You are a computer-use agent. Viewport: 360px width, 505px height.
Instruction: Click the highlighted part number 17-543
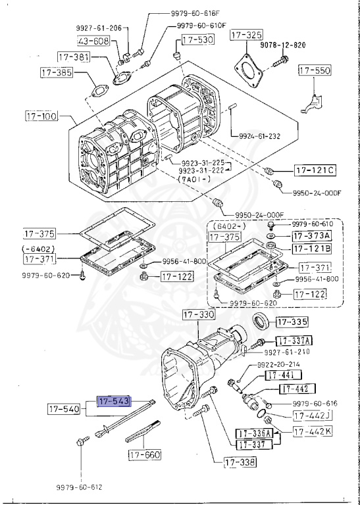point(114,400)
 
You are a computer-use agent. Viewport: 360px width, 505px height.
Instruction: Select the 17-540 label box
point(63,410)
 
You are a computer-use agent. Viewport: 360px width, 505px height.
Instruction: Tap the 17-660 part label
point(144,454)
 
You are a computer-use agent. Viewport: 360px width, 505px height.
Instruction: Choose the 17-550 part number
point(315,70)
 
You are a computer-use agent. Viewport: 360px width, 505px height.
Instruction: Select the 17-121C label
point(315,171)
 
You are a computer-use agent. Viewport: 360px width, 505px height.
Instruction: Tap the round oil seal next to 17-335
point(261,323)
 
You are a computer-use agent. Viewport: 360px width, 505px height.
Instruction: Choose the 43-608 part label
point(93,41)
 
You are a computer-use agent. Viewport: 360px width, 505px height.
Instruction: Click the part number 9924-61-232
point(257,137)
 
